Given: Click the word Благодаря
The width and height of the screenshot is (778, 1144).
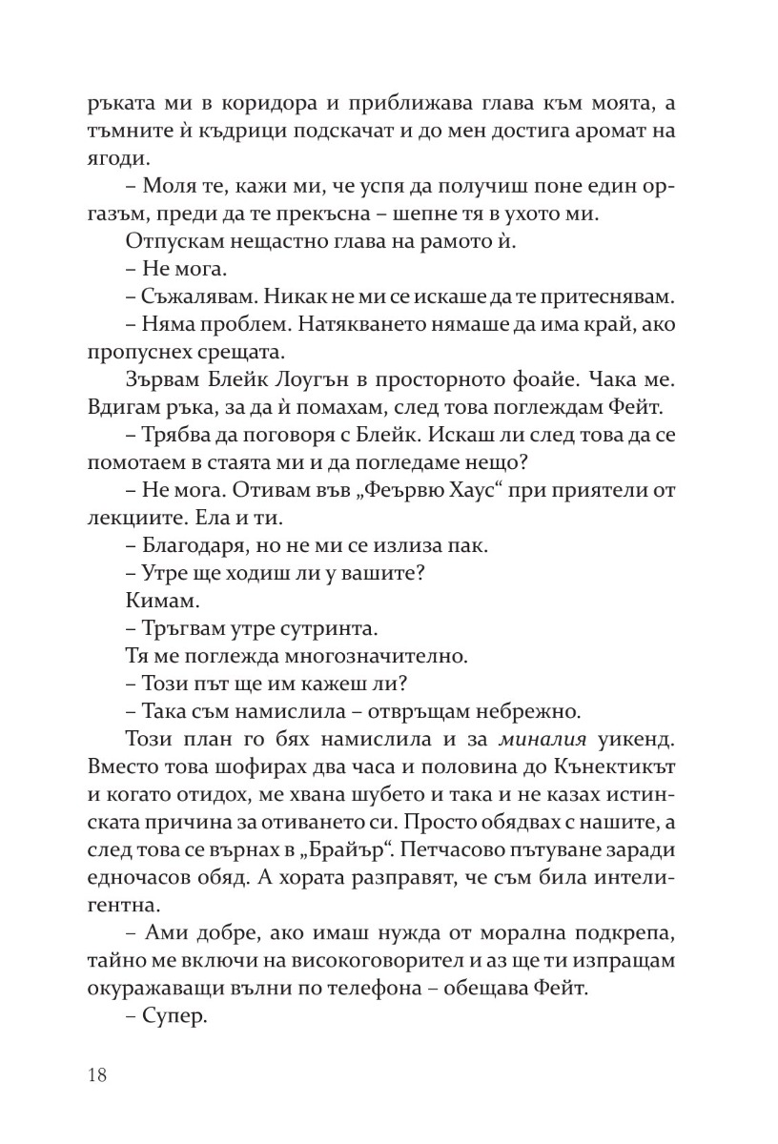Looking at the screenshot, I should pos(188,547).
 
